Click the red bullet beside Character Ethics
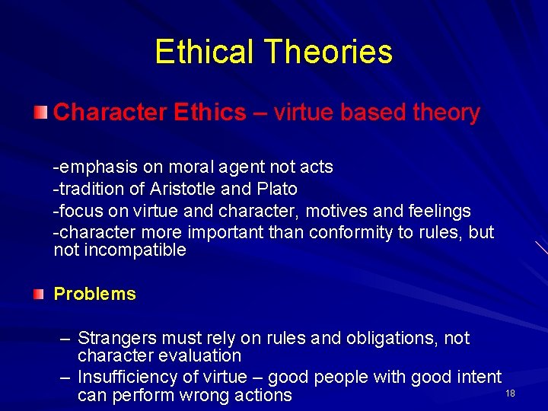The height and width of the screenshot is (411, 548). tap(40, 113)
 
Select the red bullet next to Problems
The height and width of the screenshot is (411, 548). tap(40, 294)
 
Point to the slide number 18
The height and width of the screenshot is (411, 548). tap(510, 393)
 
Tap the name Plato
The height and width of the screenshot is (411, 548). tap(274, 189)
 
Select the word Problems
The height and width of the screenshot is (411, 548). tap(94, 295)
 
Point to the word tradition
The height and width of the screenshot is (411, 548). tap(89, 189)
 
